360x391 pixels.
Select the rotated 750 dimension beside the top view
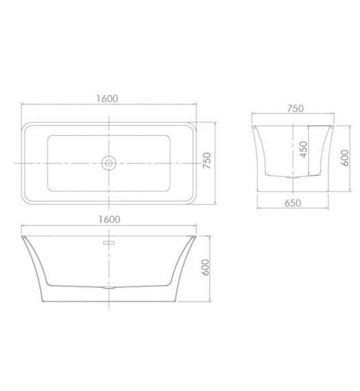(x=207, y=162)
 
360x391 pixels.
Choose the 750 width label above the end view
(x=295, y=108)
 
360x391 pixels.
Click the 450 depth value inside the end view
(x=304, y=150)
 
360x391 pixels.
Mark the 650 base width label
(x=292, y=203)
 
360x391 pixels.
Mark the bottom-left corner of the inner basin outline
(x=49, y=189)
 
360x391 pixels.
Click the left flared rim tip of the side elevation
(x=22, y=237)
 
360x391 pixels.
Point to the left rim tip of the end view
(x=253, y=126)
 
